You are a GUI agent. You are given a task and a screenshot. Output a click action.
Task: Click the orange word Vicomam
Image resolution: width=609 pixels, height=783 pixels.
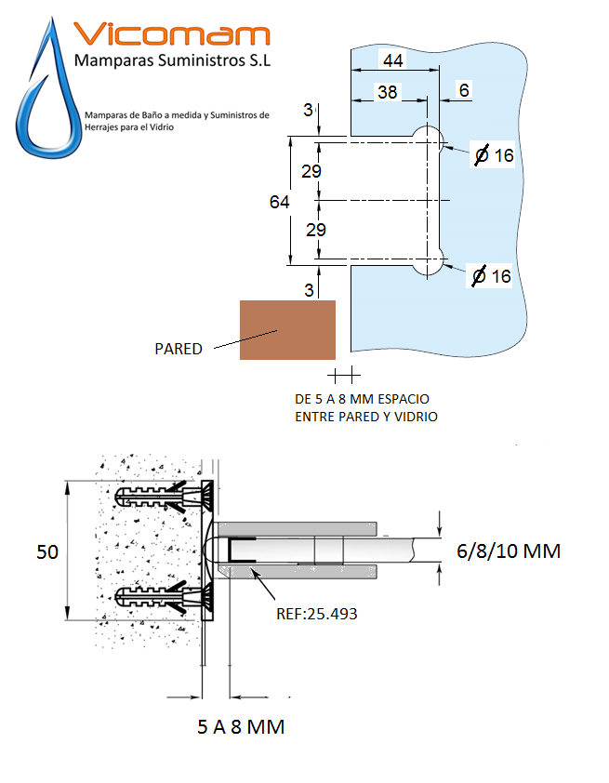[171, 34]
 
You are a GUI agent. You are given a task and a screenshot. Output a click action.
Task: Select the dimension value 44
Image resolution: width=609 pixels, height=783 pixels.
[392, 60]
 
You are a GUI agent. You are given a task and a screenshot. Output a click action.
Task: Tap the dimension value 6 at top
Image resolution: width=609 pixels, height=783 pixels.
[465, 90]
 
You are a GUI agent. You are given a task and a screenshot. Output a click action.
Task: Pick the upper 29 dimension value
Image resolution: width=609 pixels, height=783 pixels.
[311, 171]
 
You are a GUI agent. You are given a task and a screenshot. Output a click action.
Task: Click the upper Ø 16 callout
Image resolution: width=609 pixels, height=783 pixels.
[494, 155]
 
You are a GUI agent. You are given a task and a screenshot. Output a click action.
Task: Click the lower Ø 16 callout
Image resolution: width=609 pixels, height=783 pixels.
[492, 275]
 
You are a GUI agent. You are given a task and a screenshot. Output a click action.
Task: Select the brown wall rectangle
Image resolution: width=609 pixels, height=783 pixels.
[287, 329]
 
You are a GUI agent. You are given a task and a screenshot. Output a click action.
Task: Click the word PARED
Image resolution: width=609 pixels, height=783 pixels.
[179, 349]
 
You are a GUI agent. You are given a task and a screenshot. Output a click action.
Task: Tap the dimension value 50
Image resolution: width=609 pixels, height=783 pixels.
[47, 551]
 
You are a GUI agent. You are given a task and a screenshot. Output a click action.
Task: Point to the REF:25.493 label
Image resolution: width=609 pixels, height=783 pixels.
[317, 614]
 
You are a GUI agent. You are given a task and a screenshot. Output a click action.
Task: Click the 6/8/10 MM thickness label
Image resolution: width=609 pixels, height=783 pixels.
[509, 551]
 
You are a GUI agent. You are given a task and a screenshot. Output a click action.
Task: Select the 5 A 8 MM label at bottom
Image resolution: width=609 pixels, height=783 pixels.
[241, 727]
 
